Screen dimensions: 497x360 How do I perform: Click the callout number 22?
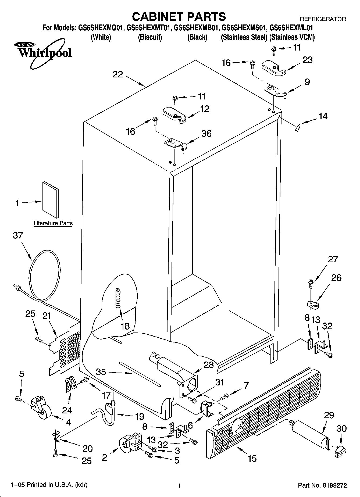click(x=118, y=74)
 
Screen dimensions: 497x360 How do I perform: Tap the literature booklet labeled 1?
click(x=50, y=199)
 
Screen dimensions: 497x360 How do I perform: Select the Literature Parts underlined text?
click(x=53, y=223)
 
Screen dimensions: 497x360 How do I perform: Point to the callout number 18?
click(x=125, y=326)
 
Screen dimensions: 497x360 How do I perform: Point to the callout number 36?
click(x=206, y=134)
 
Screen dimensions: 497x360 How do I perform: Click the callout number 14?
click(x=323, y=116)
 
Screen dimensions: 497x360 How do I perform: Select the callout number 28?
click(x=209, y=365)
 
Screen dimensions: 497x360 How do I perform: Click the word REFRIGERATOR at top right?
click(x=323, y=19)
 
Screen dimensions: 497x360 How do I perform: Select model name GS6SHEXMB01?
click(x=195, y=28)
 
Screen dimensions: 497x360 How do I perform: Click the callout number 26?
click(x=336, y=277)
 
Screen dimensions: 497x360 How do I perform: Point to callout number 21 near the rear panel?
click(x=47, y=316)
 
